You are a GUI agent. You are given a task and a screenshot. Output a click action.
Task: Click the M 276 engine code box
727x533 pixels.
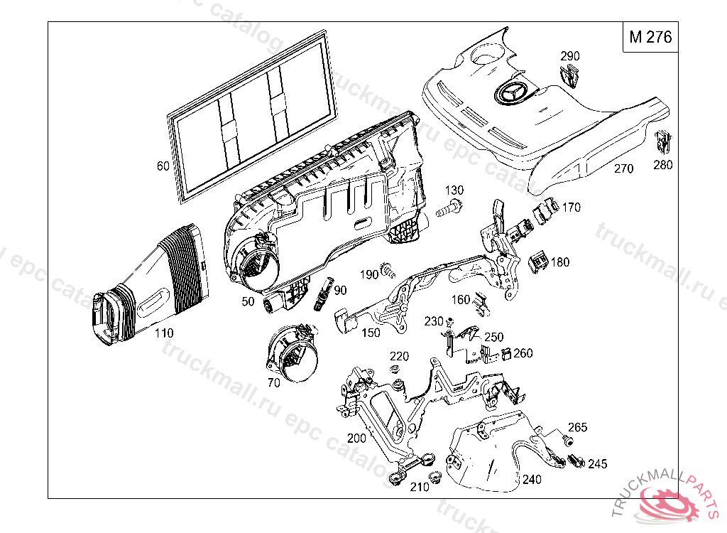coord(650,37)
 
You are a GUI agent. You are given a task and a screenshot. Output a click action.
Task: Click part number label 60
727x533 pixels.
coord(163,166)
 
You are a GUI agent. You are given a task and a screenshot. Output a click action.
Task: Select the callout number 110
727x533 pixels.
coord(163,333)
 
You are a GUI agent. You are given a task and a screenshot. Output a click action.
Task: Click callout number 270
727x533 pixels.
coord(623,169)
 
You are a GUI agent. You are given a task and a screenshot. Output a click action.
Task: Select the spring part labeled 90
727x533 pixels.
coord(323,293)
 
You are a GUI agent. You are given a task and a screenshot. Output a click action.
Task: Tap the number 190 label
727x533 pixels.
coord(368,275)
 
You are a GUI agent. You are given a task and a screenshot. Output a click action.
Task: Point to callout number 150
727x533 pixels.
coord(369,333)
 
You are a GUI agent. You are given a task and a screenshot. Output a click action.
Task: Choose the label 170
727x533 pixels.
coord(571,208)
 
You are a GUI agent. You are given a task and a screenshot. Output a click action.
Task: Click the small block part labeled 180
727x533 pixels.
coord(540,262)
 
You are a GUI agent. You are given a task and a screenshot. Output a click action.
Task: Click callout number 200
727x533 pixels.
coord(357,438)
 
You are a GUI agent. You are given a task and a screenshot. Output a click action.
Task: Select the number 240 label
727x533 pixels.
coord(531,480)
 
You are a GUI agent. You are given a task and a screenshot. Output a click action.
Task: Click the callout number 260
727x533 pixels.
coord(523,353)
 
